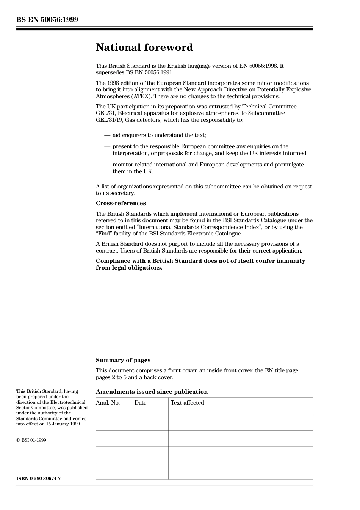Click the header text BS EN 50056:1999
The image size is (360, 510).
point(47,20)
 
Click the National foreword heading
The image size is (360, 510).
point(144,47)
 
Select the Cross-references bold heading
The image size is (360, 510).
point(121,203)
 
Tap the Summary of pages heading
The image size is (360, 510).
point(123,360)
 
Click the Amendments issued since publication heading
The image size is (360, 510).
point(152,392)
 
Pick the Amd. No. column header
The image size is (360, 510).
point(108,403)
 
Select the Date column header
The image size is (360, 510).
point(140,403)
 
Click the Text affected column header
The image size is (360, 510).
point(187,403)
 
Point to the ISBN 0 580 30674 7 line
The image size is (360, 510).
point(38,478)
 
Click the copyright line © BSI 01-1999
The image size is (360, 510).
point(31,440)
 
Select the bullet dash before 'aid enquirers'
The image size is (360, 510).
point(107,135)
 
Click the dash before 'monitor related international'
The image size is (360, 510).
point(107,165)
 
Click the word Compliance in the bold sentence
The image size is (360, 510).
point(113,261)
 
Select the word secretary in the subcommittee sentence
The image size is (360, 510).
point(122,193)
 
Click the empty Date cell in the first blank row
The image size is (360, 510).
point(150,422)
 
